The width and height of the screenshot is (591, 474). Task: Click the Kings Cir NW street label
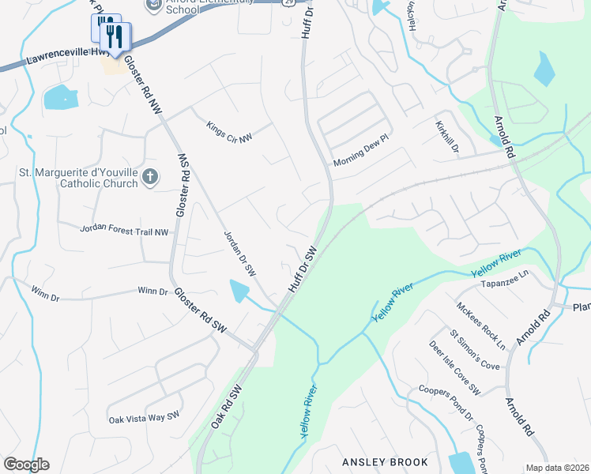229,131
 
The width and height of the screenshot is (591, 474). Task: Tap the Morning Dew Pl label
361,150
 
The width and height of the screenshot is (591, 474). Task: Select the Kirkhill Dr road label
446,137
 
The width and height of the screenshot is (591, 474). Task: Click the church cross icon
150,181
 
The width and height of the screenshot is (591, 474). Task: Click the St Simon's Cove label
474,349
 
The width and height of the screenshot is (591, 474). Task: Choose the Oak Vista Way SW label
145,418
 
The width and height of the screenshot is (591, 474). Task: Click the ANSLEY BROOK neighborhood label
385,461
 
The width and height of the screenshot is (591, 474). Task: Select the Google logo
26,465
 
